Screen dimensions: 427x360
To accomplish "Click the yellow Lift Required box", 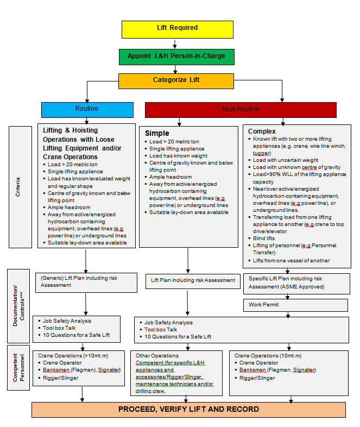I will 178,28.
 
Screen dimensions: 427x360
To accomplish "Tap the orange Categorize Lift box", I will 176,80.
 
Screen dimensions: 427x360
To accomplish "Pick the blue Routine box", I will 87,109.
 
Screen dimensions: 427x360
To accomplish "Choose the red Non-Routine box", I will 240,109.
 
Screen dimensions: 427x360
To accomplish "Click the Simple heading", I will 157,133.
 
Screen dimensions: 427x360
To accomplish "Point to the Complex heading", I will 262,131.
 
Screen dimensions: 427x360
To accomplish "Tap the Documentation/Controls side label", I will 18,306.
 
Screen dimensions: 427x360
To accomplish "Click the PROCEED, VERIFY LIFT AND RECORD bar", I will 188,409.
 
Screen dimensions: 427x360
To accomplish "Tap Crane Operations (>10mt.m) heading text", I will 71,355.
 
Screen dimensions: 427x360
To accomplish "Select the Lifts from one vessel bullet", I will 292,260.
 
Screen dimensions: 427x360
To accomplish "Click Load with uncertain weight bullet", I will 286,160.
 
